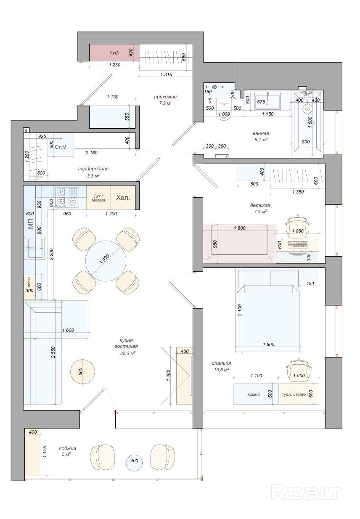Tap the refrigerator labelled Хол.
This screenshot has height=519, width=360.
click(123, 198)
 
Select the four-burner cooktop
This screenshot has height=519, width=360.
click(67, 197)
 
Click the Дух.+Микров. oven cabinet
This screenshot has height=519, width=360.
click(99, 198)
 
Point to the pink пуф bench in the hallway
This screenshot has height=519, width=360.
click(114, 53)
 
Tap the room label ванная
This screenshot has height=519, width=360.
click(261, 133)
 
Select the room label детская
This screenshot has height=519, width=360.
click(260, 205)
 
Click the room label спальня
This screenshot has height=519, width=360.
click(221, 363)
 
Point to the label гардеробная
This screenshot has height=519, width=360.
click(93, 169)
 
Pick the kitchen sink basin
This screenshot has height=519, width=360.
click(34, 248)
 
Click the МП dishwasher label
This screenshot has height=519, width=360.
click(30, 224)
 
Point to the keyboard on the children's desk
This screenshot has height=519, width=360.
click(298, 244)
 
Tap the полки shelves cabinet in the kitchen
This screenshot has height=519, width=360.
click(29, 287)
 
